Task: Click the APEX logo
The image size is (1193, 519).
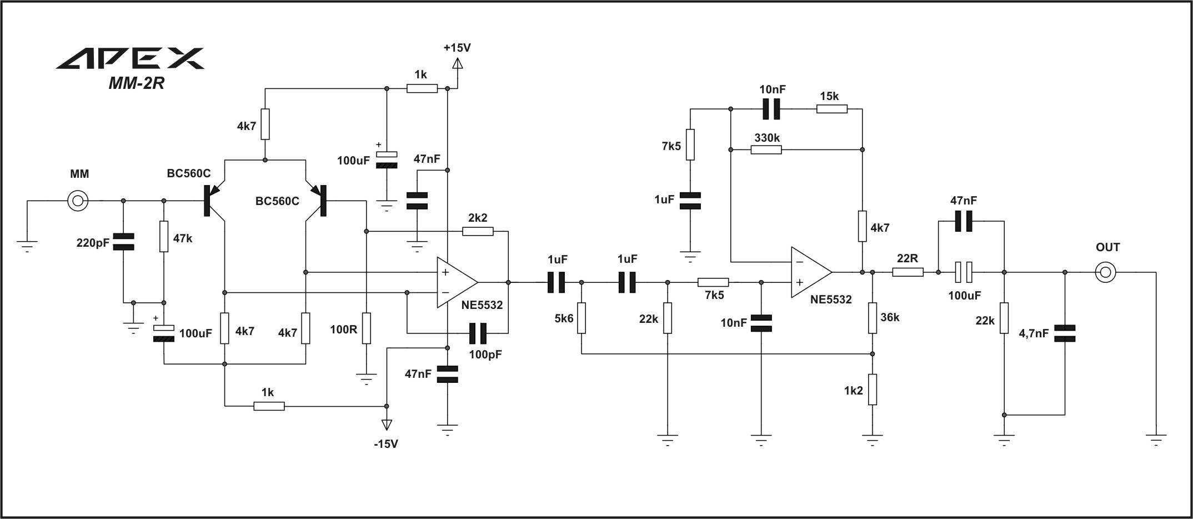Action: pos(130,58)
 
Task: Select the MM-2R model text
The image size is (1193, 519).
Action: pos(137,83)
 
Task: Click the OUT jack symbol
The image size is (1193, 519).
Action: pos(1105,272)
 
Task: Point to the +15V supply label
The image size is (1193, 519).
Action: pos(457,48)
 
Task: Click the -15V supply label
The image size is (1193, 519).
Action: pos(386,444)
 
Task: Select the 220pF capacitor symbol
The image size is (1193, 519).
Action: pos(123,242)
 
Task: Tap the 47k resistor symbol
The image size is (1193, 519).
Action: pos(164,237)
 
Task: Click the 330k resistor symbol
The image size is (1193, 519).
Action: pos(766,149)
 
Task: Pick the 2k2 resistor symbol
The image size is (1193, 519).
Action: pos(478,231)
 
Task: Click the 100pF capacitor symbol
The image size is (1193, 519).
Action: pos(478,333)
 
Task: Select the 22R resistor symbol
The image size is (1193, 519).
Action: pos(908,272)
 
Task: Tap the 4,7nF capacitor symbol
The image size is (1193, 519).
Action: pos(1065,333)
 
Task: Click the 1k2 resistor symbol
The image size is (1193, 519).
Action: pos(873,390)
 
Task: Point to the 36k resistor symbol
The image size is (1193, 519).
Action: pos(873,318)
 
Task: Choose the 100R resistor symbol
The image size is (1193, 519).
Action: pos(366,328)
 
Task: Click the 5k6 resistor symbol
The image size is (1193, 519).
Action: pos(582,318)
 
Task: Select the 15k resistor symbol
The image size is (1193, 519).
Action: pos(832,109)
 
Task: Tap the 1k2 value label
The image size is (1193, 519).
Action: pos(854,391)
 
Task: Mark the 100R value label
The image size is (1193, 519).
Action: pos(344,329)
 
